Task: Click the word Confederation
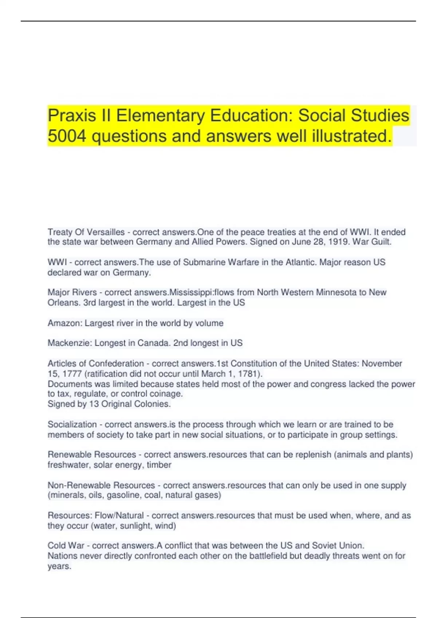(x=116, y=364)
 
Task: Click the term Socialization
(x=72, y=424)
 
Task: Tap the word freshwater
(x=68, y=465)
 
